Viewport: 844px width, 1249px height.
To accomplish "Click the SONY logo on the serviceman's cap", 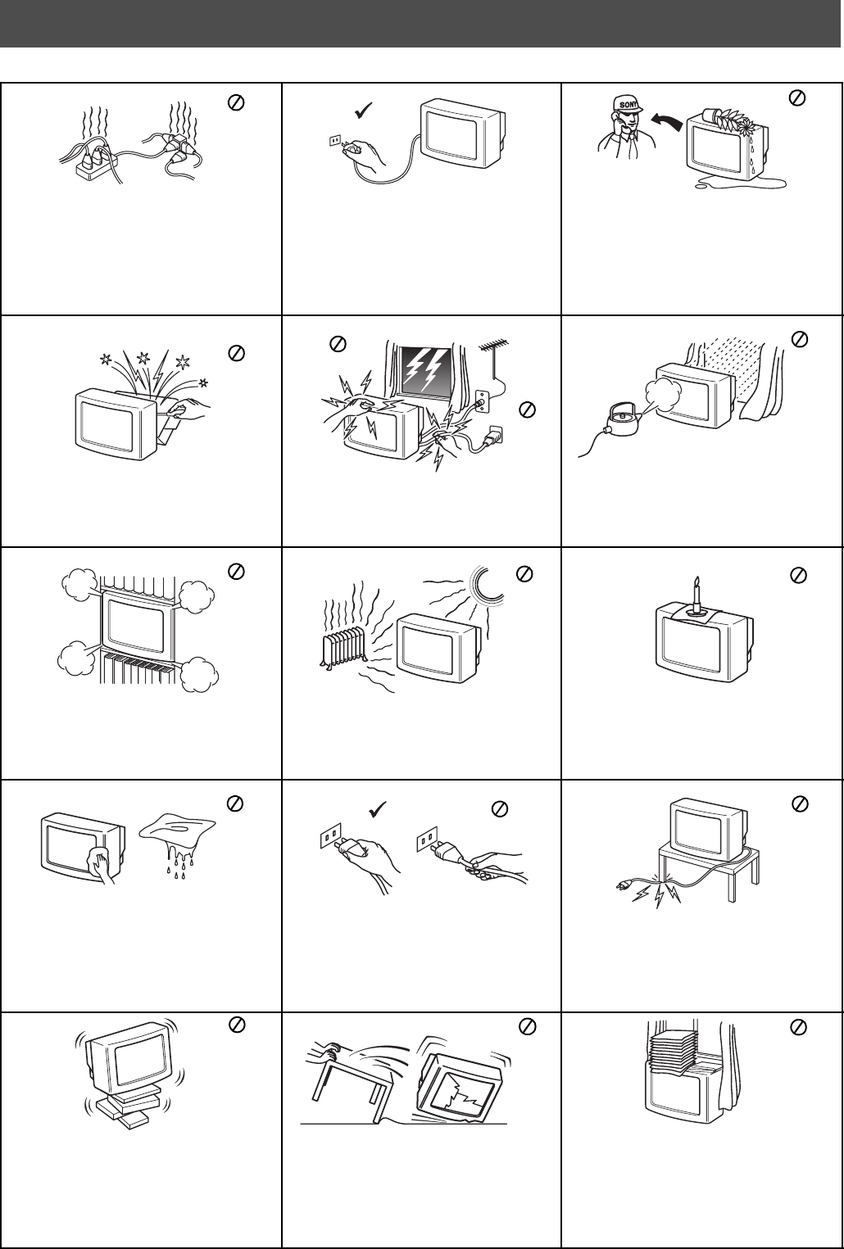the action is (628, 104).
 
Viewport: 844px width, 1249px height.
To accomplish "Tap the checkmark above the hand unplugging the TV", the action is (364, 111).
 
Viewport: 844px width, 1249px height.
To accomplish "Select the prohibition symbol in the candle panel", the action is (799, 575).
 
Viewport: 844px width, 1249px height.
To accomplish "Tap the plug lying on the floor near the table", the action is (624, 885).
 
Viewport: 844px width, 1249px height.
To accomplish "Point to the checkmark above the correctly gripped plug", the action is (378, 809).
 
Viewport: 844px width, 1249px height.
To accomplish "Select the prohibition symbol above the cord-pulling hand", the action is (499, 808).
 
